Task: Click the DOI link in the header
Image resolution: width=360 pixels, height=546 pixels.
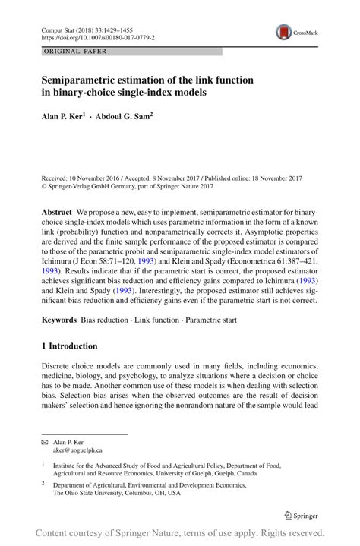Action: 98,36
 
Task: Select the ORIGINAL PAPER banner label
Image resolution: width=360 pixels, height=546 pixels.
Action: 75,52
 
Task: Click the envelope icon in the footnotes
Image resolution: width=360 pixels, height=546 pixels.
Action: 44,442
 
